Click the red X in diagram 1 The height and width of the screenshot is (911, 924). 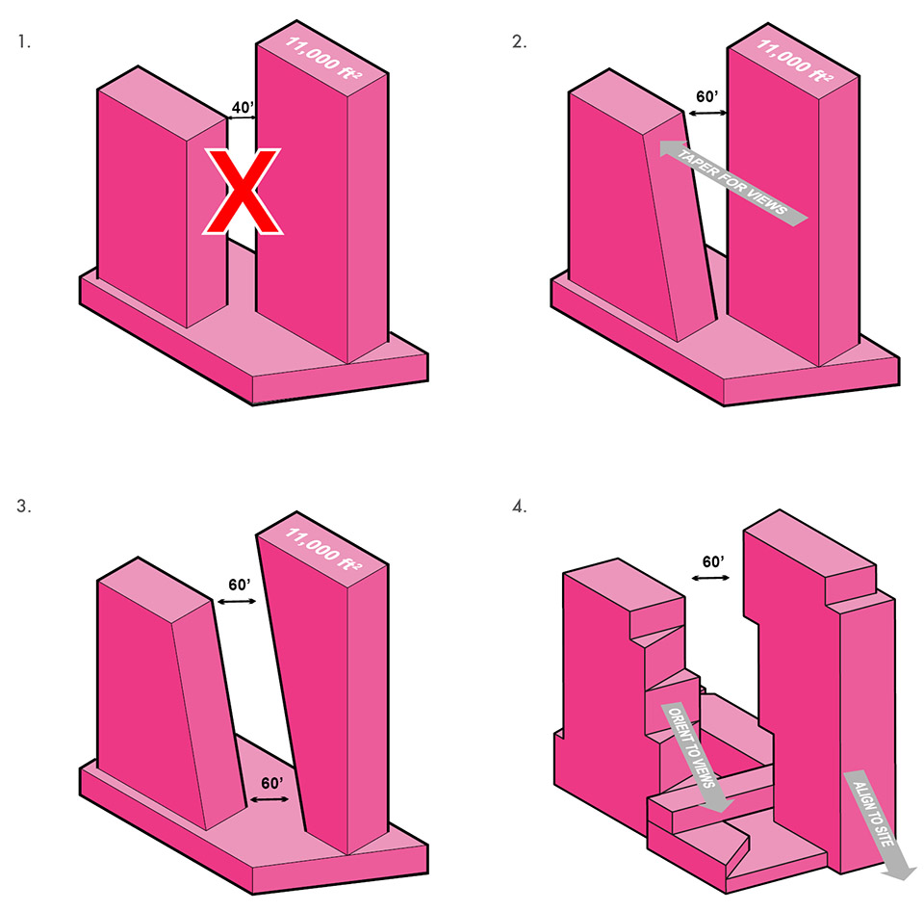click(243, 192)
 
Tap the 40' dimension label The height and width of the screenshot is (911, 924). click(243, 107)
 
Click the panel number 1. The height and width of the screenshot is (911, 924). click(23, 41)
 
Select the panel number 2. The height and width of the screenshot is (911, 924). click(519, 41)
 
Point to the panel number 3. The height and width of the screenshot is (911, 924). click(23, 507)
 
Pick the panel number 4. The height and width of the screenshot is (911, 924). click(519, 507)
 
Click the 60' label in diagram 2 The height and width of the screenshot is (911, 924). click(707, 96)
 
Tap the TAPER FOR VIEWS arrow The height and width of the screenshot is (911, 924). click(733, 183)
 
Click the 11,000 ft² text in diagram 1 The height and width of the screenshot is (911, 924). click(323, 58)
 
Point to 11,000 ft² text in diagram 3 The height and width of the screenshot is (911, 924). click(323, 549)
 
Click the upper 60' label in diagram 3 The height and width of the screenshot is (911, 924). click(240, 585)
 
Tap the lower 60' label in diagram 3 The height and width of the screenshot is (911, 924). click(272, 783)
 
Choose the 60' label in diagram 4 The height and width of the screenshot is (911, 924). click(713, 562)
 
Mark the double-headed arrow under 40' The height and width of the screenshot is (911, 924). click(242, 117)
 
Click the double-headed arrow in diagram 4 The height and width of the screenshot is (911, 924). click(710, 578)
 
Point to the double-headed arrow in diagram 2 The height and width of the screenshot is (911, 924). click(707, 113)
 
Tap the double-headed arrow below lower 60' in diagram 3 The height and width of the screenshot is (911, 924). click(269, 799)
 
